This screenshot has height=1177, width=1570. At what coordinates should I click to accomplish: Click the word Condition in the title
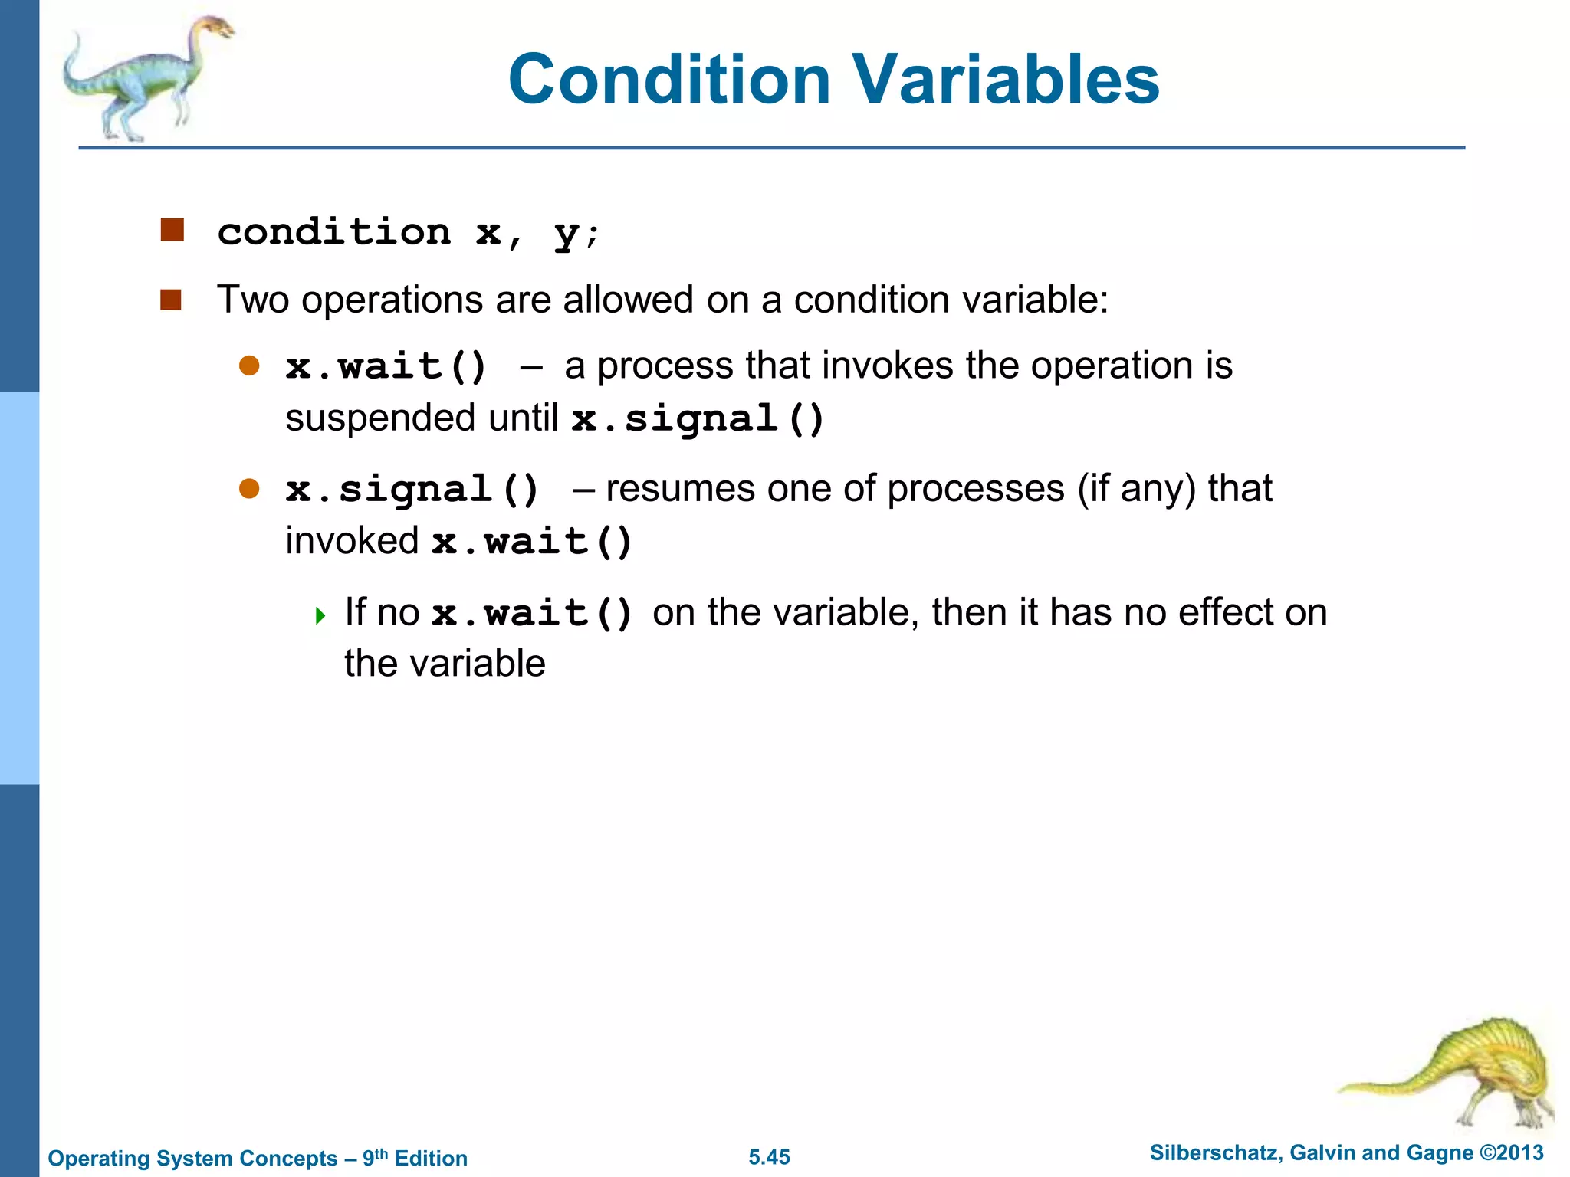click(669, 80)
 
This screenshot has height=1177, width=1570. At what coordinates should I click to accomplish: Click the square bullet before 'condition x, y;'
click(172, 230)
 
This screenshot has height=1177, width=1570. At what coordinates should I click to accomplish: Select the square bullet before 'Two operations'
click(171, 300)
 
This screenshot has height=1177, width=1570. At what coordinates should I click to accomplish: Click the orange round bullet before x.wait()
click(249, 366)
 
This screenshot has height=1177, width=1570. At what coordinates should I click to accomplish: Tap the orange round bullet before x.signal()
click(249, 488)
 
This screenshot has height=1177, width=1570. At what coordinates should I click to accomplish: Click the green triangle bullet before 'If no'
click(320, 615)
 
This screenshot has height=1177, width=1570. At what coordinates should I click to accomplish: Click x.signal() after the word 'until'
click(698, 419)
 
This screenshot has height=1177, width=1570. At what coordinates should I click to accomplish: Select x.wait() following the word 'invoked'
click(531, 542)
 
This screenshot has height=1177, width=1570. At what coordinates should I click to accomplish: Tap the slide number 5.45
click(769, 1157)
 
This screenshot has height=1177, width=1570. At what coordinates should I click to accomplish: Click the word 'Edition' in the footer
click(431, 1158)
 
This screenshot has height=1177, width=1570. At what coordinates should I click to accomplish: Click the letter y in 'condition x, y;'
click(566, 233)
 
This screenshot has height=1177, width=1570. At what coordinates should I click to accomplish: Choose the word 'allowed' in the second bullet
click(628, 300)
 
